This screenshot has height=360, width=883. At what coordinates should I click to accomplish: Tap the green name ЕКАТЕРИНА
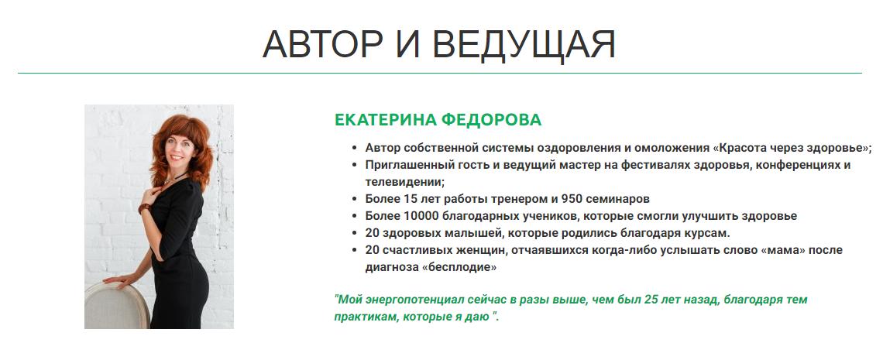[x=384, y=120]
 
